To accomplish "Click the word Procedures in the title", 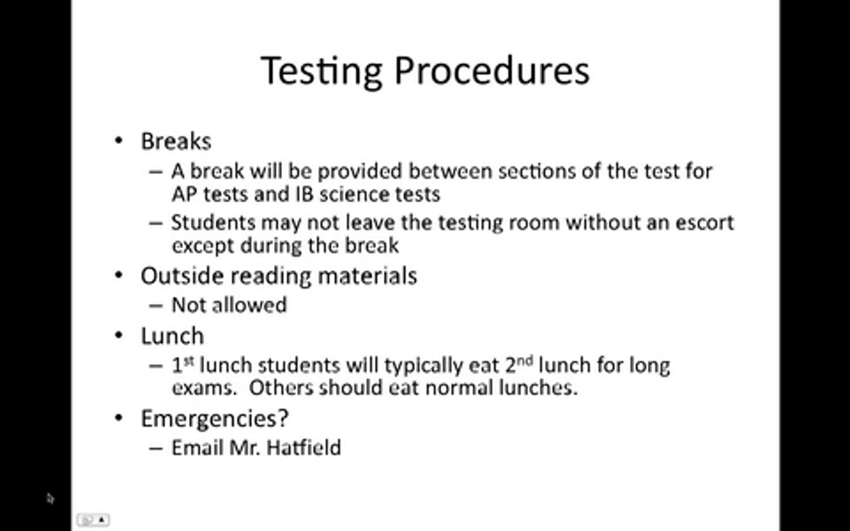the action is click(492, 70).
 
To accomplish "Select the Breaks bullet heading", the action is click(176, 141).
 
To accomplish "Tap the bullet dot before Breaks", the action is click(119, 141).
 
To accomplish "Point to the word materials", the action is click(367, 276).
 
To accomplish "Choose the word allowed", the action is click(249, 305).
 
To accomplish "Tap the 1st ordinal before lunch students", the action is click(183, 365).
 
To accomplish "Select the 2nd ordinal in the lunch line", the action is click(519, 365).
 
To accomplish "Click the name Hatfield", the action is click(304, 447).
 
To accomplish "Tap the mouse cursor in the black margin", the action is click(50, 498).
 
